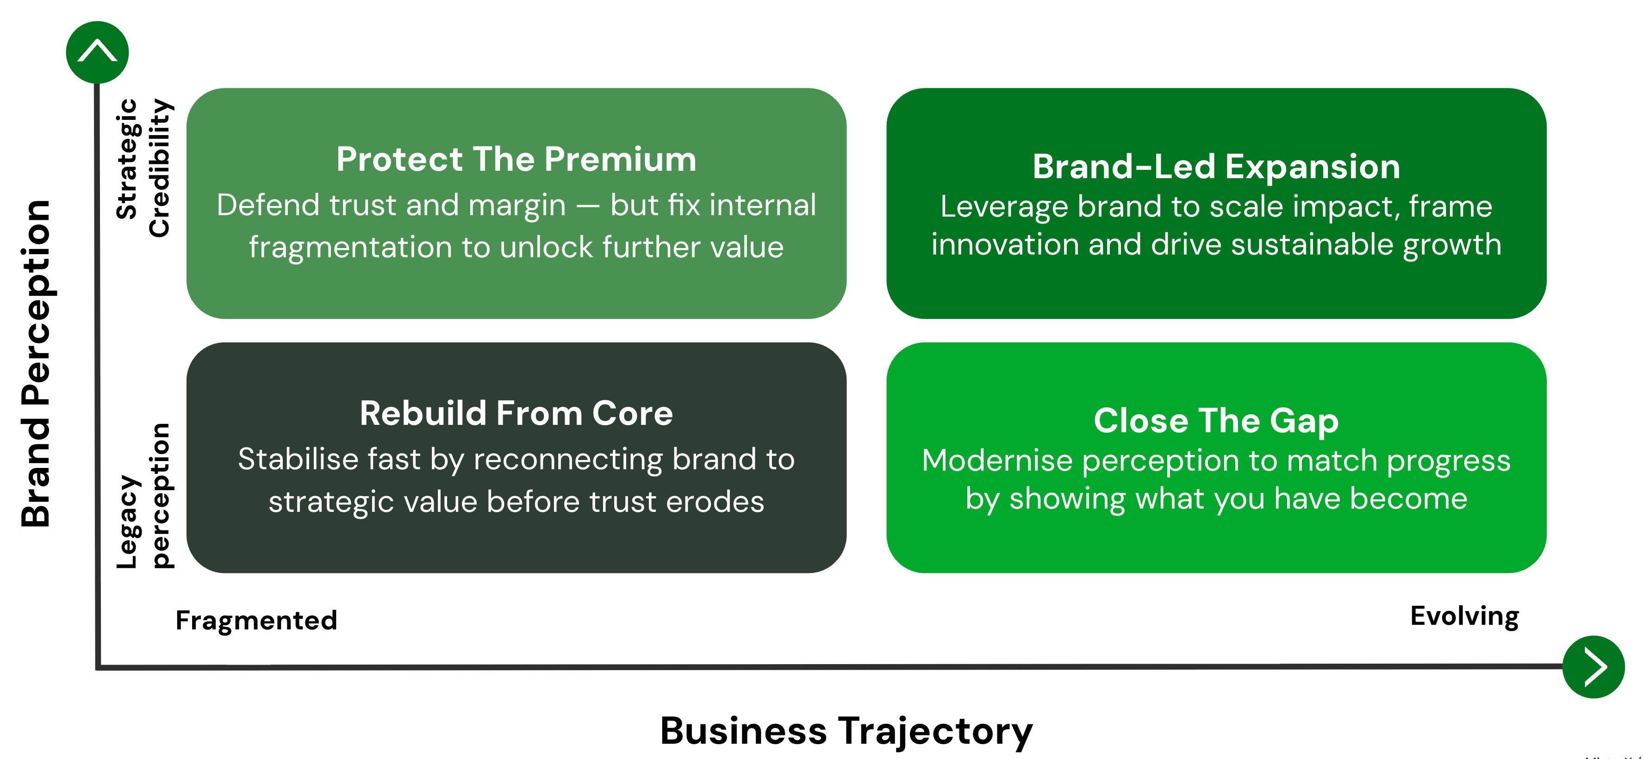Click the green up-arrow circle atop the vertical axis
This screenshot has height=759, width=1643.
click(x=97, y=52)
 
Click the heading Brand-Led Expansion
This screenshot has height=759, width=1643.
click(x=1216, y=167)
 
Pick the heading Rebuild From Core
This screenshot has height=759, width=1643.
click(x=516, y=413)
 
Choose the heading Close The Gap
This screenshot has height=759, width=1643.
click(x=1216, y=421)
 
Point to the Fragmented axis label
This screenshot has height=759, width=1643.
click(x=256, y=620)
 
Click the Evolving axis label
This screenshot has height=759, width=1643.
click(x=1464, y=616)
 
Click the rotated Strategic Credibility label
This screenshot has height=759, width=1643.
click(x=143, y=167)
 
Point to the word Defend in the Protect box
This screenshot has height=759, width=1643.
click(x=267, y=205)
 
